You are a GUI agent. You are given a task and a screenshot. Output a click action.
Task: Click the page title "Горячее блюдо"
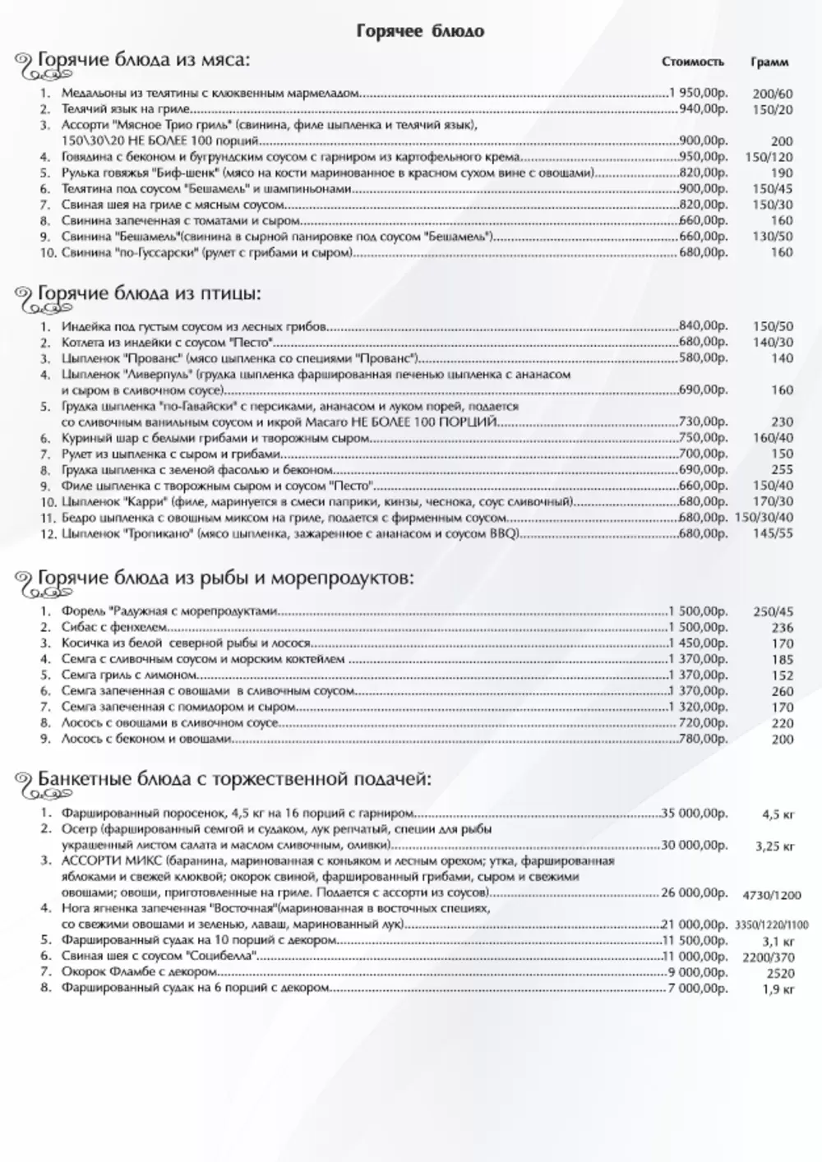[420, 31]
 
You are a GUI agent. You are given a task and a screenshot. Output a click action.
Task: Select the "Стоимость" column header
[693, 62]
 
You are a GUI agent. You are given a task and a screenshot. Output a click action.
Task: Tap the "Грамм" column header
[769, 62]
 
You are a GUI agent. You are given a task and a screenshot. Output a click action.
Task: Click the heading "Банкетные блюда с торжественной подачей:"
[234, 778]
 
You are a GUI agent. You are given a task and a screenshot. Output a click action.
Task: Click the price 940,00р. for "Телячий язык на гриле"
[703, 108]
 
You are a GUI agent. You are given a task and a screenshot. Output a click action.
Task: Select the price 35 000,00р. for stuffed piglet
[695, 813]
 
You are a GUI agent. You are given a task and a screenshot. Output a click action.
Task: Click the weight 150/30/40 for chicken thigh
[764, 517]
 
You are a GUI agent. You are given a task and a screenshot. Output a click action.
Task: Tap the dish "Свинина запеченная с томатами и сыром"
[181, 220]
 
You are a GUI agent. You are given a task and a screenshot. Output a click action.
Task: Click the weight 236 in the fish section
[783, 628]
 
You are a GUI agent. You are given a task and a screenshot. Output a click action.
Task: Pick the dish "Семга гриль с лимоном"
[118, 675]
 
